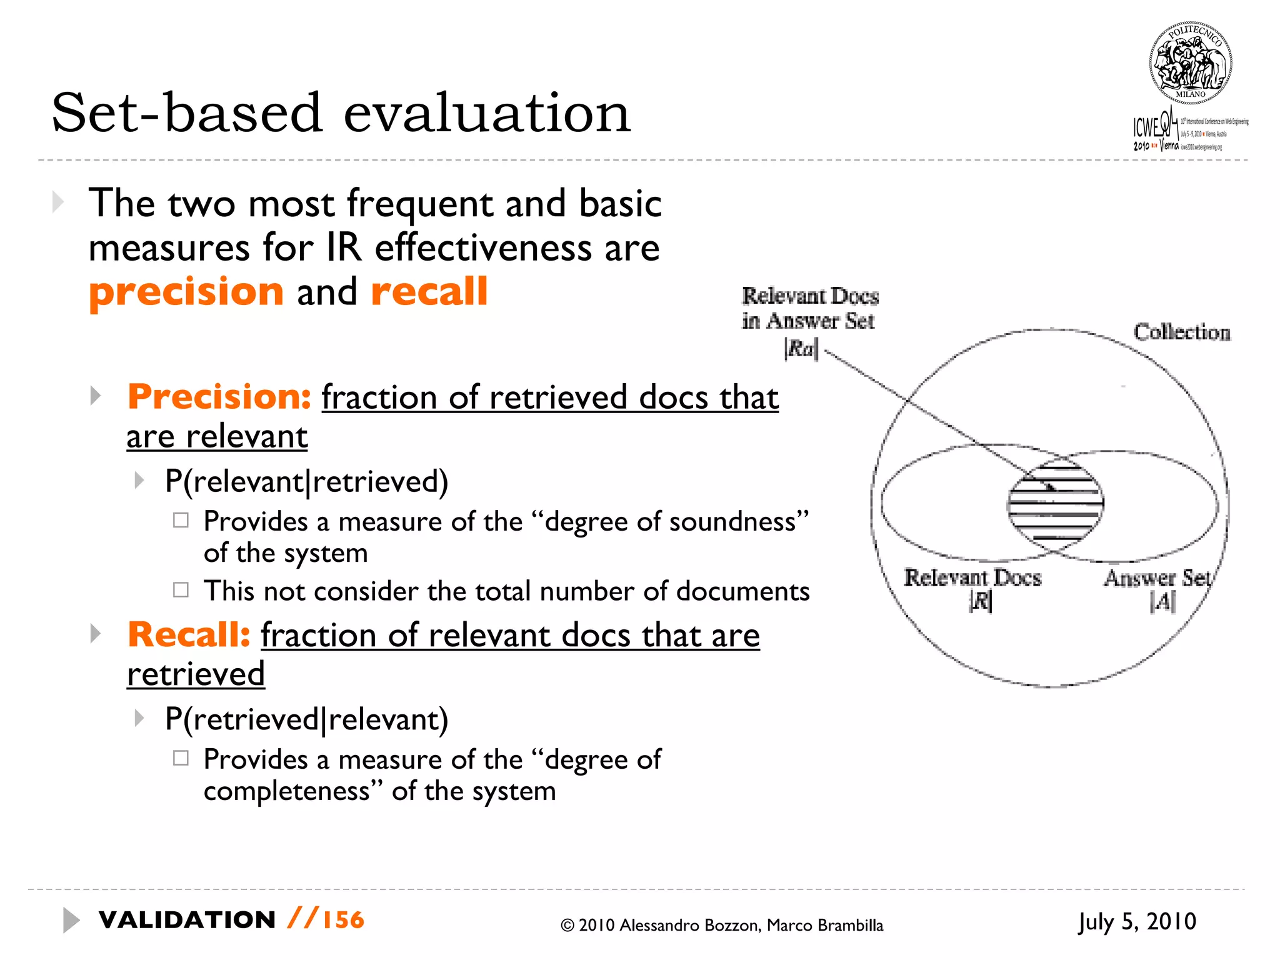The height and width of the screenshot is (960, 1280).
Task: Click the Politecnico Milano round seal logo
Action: point(1190,62)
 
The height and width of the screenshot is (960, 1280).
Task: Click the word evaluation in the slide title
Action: point(487,113)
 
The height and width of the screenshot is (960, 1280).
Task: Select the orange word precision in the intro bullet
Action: point(186,292)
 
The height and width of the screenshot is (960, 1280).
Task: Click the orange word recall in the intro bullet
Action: point(429,291)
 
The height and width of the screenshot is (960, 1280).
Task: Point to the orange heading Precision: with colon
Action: point(219,397)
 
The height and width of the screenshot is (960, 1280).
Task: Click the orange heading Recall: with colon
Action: point(189,635)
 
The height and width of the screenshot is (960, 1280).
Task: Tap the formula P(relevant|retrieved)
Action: point(306,481)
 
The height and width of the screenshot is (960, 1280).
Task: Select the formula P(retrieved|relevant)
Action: point(306,719)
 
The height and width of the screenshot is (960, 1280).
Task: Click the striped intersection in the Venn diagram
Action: point(1056,503)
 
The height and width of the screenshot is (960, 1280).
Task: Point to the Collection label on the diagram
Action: point(1181,332)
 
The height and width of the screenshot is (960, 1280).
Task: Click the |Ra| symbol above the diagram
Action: point(801,349)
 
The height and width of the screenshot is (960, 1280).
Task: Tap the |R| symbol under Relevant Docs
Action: point(980,601)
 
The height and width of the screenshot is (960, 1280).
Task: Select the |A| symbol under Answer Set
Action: point(1162,601)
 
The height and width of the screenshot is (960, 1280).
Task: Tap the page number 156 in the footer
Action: point(343,920)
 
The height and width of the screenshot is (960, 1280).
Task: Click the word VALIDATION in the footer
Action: point(187,920)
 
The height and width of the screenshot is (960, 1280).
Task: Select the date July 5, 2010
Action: point(1137,922)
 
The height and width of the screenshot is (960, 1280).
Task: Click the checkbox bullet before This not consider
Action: point(181,590)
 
